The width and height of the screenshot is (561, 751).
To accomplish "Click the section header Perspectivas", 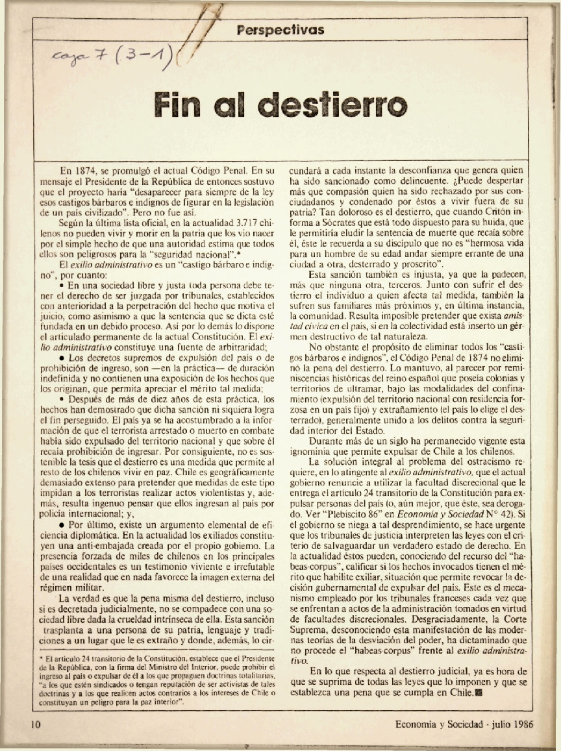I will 280,30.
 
